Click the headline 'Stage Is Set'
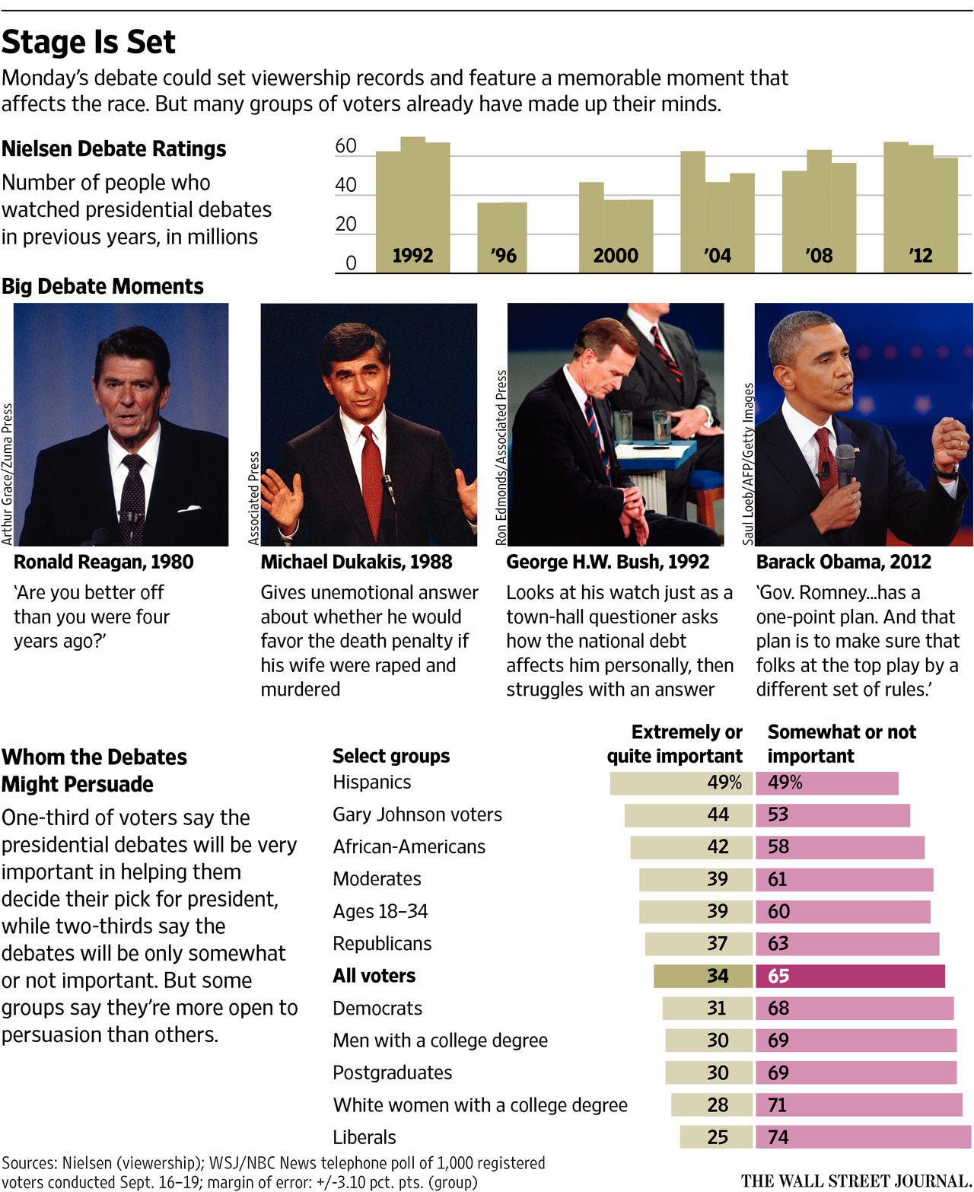(88, 43)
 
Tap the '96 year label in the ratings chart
(503, 256)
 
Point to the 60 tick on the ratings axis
(345, 146)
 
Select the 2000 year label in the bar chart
(616, 256)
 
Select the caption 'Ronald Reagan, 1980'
(103, 563)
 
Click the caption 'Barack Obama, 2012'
(843, 563)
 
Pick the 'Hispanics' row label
(371, 782)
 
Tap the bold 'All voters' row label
(374, 976)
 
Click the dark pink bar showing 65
(850, 976)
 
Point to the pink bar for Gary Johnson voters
(832, 815)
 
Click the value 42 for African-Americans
(718, 847)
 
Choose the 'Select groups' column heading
(391, 756)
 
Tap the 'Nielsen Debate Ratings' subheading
(114, 149)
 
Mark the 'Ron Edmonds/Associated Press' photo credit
(501, 457)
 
